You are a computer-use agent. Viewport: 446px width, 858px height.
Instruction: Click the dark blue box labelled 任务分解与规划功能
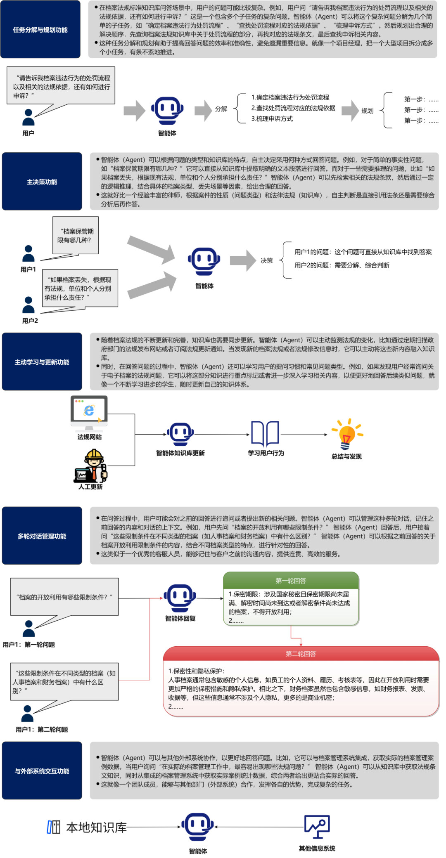click(40, 29)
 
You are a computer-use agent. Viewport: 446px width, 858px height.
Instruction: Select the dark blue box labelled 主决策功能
click(42, 182)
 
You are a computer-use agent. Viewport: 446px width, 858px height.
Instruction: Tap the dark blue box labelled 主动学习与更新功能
click(42, 362)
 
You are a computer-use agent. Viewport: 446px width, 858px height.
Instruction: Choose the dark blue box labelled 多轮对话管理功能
click(42, 536)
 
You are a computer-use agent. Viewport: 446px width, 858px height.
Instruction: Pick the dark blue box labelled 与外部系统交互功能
click(42, 771)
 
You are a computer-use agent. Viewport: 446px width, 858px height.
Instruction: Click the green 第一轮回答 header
click(291, 580)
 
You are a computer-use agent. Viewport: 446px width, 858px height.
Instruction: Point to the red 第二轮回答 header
click(301, 654)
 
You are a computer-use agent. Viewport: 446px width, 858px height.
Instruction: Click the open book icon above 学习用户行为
click(265, 434)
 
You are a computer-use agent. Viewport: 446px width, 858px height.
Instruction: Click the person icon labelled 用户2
click(28, 305)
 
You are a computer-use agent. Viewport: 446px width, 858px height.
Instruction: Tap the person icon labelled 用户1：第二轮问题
click(28, 714)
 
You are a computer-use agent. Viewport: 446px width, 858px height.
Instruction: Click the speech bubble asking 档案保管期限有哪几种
click(76, 236)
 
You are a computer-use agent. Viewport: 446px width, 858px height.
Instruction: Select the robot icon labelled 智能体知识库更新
click(180, 434)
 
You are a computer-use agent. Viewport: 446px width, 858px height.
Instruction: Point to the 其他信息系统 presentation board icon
click(317, 827)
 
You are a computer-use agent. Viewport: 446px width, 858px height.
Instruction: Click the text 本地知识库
click(96, 827)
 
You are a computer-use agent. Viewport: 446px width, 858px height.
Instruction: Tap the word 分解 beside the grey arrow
click(221, 109)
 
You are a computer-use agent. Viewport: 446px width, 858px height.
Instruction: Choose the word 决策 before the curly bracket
click(267, 260)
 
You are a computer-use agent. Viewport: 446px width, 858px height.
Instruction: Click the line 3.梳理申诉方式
click(272, 119)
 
